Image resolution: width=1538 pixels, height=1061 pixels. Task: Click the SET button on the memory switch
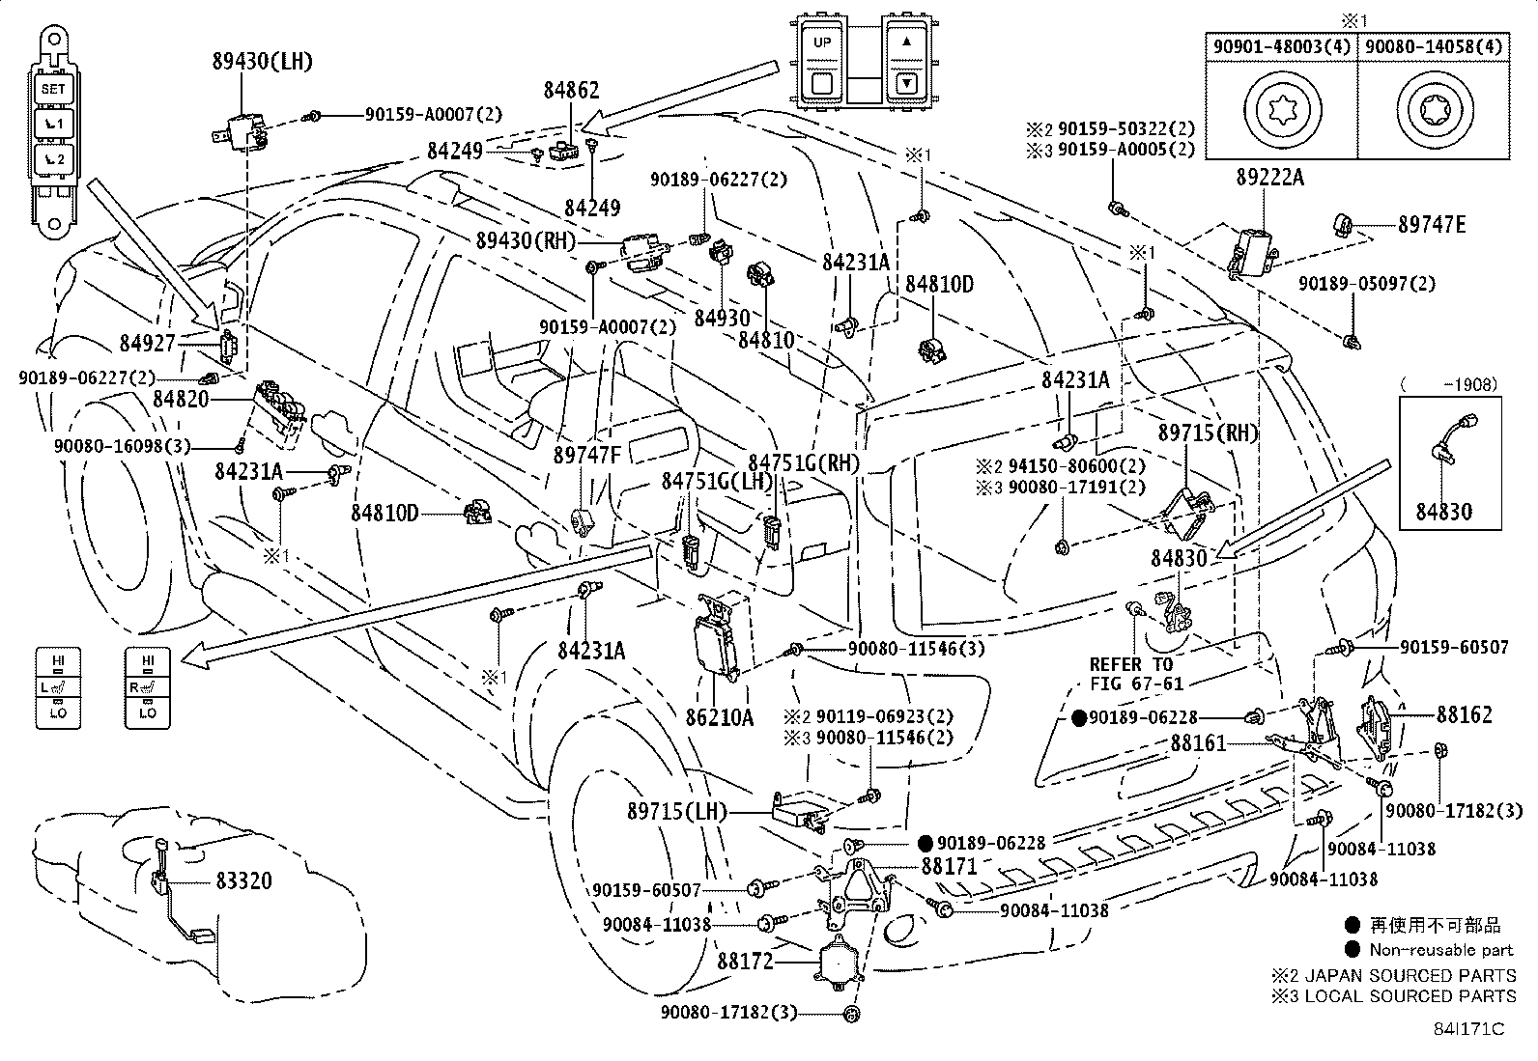52,89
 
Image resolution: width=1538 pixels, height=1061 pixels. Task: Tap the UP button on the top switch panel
822,42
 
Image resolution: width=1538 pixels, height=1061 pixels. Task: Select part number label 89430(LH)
263,62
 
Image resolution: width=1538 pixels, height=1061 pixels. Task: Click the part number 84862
571,91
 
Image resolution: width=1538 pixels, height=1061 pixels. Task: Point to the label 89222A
1269,178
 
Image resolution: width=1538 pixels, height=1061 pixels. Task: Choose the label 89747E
1432,225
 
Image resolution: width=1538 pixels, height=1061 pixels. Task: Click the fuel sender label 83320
243,880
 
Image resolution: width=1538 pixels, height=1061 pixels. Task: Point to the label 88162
1464,715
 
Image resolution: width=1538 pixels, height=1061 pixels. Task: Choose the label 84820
182,399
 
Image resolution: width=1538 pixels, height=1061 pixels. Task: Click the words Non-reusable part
1441,950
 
